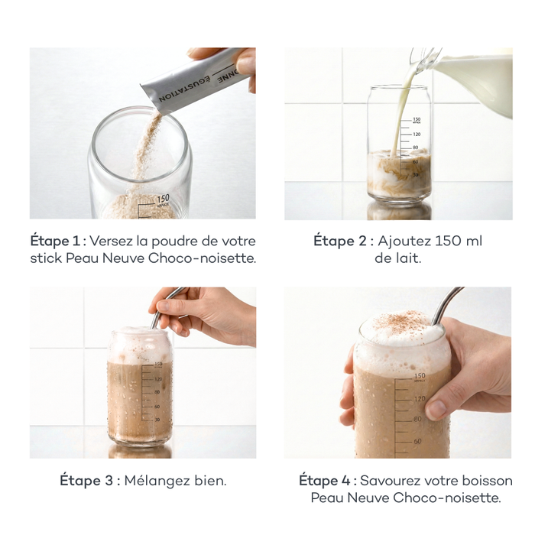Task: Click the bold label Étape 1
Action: click(55, 241)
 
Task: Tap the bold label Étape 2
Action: click(340, 241)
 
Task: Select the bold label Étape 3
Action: click(86, 481)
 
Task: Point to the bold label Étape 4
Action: click(325, 481)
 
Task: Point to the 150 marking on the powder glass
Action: click(163, 199)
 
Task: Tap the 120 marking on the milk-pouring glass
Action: click(417, 135)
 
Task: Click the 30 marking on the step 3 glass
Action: click(157, 420)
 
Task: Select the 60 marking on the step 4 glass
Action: click(417, 441)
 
